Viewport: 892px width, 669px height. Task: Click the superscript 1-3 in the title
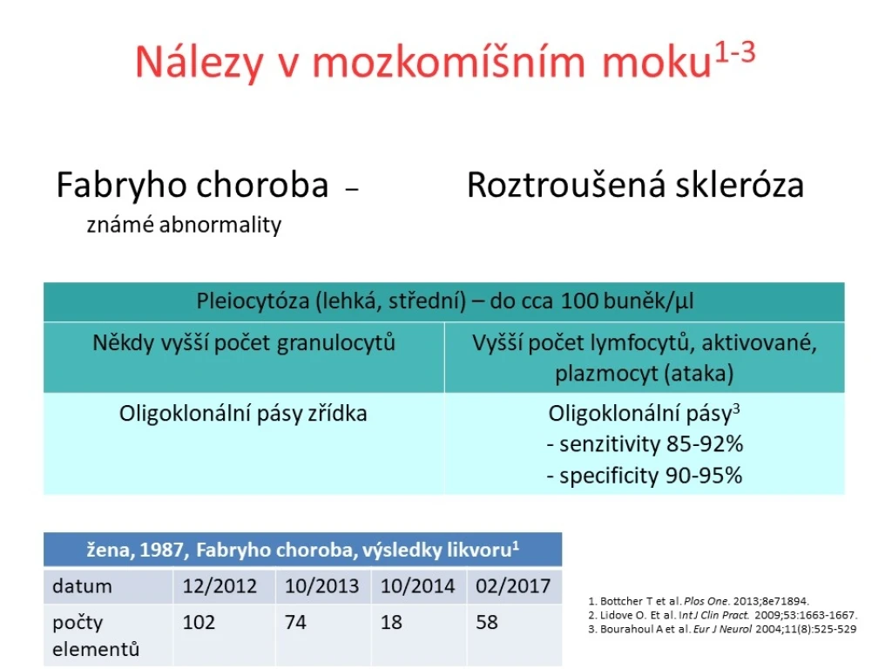coord(735,53)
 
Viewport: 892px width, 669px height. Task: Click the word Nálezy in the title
coord(199,62)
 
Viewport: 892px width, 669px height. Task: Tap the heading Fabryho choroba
coord(193,185)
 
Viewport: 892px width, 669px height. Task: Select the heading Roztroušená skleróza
coord(635,185)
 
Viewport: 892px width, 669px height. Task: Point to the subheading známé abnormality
coord(184,225)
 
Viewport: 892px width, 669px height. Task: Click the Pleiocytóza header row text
coord(445,301)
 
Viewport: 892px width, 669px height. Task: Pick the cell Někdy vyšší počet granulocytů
coord(244,343)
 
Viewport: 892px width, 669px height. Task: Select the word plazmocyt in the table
coord(605,374)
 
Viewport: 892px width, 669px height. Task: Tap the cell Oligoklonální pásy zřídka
coord(243,414)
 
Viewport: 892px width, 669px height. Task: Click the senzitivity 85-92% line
coord(645,444)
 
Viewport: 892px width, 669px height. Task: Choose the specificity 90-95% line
coord(645,476)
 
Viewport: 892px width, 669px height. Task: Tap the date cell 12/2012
coord(220,586)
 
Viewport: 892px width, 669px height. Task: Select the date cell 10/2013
coord(322,586)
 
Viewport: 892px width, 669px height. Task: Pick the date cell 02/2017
coord(513,586)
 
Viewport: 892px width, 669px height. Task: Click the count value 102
coord(199,622)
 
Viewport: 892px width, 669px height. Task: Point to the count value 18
coord(391,622)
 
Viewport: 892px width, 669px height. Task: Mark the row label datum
coord(82,586)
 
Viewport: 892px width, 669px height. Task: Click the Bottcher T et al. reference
coord(699,601)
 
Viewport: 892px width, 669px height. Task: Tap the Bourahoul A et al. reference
coord(722,629)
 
